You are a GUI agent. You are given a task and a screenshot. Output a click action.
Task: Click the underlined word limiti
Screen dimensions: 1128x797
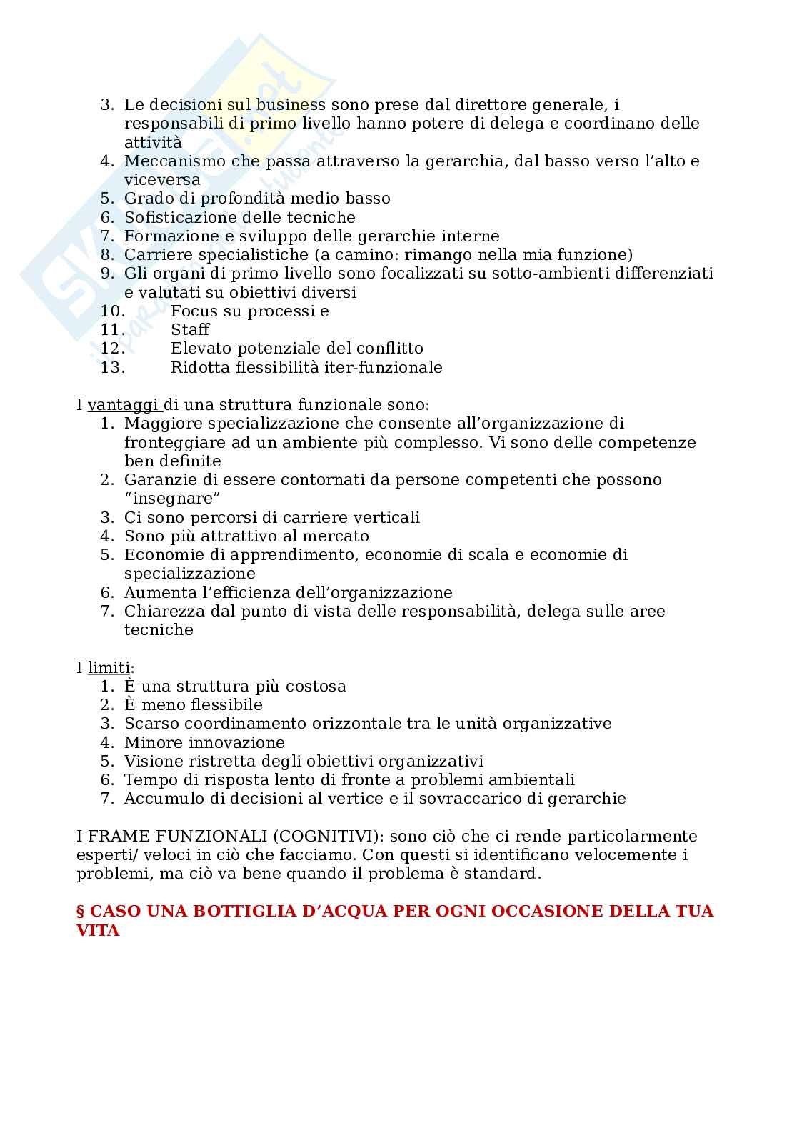[x=109, y=668]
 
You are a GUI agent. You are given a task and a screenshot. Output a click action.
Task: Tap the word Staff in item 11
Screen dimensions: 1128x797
[x=190, y=329]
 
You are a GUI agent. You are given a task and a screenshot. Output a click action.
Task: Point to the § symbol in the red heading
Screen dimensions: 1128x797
[x=81, y=912]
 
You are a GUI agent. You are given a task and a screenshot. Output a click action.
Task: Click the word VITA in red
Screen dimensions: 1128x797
[x=97, y=931]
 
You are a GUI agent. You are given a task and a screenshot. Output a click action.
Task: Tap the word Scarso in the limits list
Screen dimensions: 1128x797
[x=148, y=723]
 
